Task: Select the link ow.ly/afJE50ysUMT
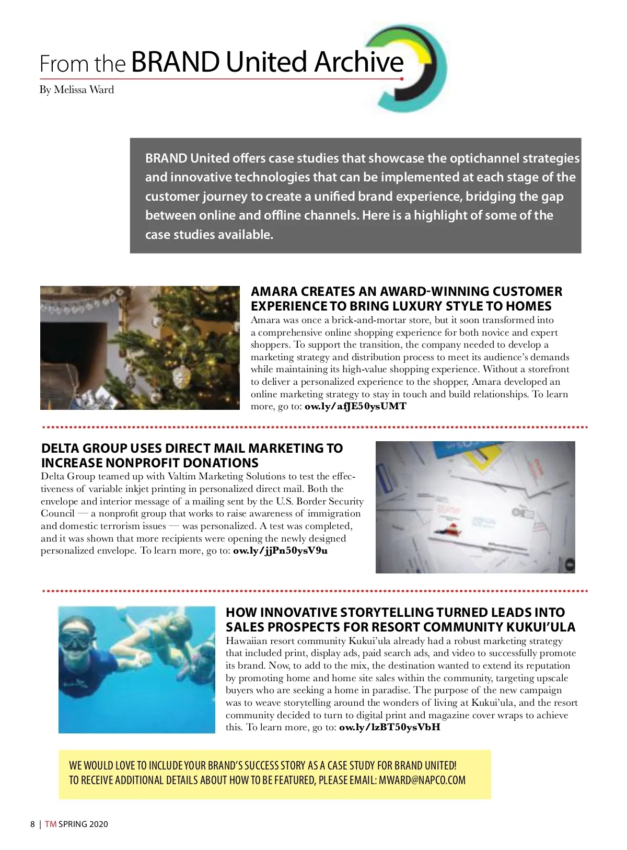pyautogui.click(x=355, y=406)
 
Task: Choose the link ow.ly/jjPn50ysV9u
pyautogui.click(x=280, y=550)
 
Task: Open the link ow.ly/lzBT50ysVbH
pyautogui.click(x=389, y=727)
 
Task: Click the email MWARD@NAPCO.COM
pyautogui.click(x=422, y=780)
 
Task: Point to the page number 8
pyautogui.click(x=32, y=824)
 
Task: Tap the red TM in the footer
pyautogui.click(x=50, y=824)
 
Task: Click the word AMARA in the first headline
pyautogui.click(x=274, y=292)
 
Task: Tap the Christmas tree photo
pyautogui.click(x=140, y=348)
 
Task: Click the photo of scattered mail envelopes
pyautogui.click(x=475, y=507)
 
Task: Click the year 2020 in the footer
pyautogui.click(x=98, y=824)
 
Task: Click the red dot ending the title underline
pyautogui.click(x=402, y=79)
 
